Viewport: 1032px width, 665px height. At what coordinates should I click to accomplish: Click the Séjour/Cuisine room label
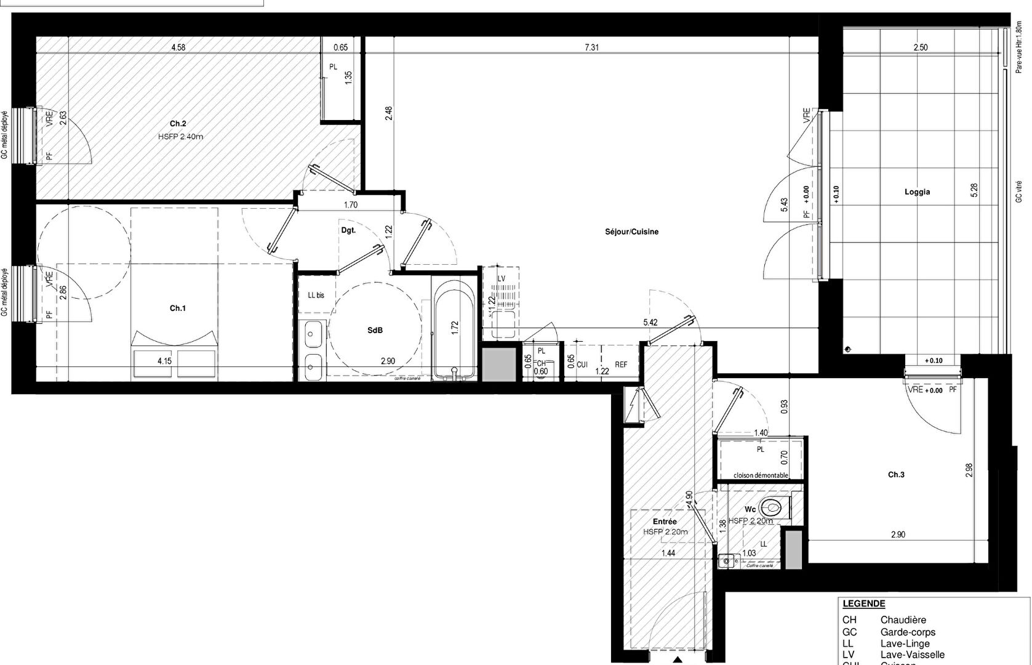click(x=631, y=232)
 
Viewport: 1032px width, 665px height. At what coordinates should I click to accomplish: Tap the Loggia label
click(x=917, y=192)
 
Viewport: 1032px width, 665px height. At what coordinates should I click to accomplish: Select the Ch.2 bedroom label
click(x=178, y=124)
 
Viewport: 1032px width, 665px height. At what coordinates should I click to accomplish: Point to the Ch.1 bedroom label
click(x=178, y=308)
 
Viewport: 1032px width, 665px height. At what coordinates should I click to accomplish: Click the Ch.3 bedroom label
click(x=896, y=475)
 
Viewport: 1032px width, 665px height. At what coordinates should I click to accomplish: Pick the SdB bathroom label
click(x=375, y=331)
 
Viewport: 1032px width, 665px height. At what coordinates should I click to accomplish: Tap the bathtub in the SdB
click(x=454, y=329)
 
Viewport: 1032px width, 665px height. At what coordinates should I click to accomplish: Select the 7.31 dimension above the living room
click(x=591, y=47)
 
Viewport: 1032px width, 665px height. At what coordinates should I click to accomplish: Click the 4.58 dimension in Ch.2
click(x=178, y=47)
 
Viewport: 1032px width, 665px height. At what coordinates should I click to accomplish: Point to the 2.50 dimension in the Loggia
click(x=920, y=47)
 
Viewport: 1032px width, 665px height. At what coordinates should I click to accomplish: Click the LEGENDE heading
click(x=863, y=604)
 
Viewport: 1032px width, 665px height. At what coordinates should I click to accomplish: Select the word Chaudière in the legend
click(x=903, y=620)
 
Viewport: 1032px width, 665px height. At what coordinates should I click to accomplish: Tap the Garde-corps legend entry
click(x=908, y=632)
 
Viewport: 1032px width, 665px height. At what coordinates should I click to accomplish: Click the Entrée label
click(x=665, y=522)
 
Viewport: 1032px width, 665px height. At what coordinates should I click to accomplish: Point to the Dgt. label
click(x=348, y=230)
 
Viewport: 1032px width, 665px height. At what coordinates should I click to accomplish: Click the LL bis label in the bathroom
click(x=316, y=295)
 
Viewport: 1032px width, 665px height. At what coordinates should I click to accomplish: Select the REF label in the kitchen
click(x=621, y=365)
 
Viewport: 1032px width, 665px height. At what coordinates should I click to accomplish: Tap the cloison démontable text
click(x=761, y=475)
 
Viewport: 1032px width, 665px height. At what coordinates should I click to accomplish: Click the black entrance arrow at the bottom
click(x=678, y=660)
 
